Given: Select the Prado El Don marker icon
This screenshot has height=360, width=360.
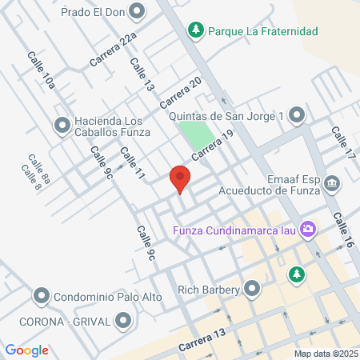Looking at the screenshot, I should point(137,12).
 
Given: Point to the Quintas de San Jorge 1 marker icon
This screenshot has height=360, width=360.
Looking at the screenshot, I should point(298,116).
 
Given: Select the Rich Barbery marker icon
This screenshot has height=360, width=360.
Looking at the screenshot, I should point(254,286).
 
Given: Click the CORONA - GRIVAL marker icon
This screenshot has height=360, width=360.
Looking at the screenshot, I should point(122,322).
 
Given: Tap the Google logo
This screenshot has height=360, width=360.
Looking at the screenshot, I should point(26,350).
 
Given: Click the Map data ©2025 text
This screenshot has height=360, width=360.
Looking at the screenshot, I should point(325,354).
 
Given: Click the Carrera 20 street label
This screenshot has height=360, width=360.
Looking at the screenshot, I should point(180,94).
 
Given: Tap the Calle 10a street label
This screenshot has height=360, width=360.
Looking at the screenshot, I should point(41,70).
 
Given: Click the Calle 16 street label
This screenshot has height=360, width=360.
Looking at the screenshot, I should point(344,231).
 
